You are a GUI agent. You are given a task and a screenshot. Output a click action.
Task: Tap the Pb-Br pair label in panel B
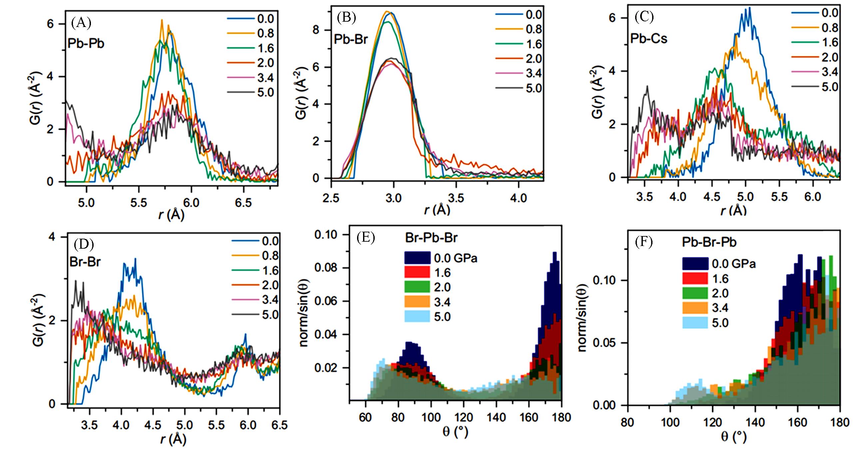(351, 39)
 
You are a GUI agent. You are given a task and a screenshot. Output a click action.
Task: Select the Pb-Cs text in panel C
(649, 39)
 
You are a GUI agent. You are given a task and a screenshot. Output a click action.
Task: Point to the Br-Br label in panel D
(85, 262)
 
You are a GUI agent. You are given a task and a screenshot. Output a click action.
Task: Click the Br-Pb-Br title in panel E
(431, 238)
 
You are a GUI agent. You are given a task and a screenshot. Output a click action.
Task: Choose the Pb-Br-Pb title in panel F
(709, 242)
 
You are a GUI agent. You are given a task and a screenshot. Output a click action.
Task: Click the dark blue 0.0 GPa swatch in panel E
(417, 258)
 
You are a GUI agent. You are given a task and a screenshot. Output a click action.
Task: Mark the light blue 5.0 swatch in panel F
(695, 323)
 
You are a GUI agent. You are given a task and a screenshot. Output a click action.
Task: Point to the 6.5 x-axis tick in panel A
(243, 202)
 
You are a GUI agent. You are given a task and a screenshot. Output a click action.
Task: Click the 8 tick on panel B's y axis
(316, 30)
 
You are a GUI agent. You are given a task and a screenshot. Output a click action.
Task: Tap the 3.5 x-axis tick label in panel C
(644, 197)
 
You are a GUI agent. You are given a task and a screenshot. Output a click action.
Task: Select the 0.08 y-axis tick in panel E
(326, 268)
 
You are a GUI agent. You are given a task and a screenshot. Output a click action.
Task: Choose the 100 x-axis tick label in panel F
(670, 422)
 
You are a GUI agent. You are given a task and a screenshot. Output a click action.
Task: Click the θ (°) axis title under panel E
(455, 432)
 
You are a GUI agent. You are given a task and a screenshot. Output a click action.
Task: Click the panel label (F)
(644, 242)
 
